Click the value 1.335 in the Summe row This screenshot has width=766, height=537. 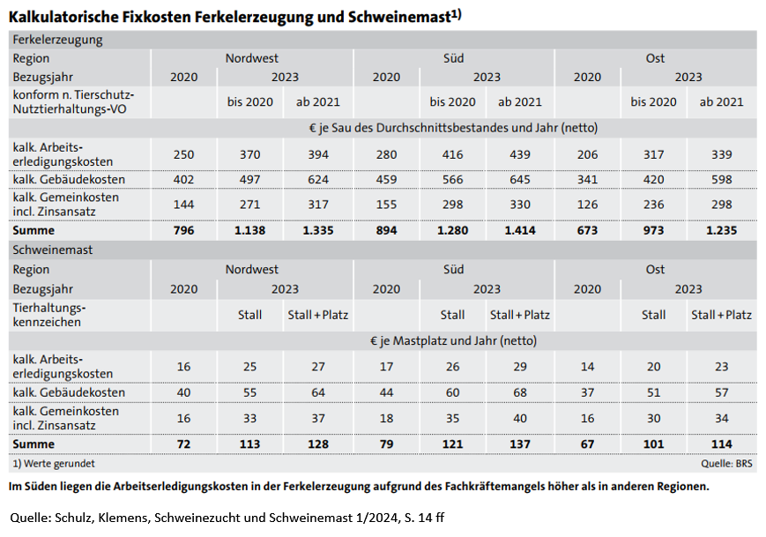(320, 231)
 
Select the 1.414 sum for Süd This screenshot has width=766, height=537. (520, 231)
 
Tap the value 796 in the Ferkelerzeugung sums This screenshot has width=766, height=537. (183, 231)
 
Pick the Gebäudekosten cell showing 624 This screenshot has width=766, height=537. (320, 180)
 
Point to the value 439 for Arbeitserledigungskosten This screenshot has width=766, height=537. (520, 155)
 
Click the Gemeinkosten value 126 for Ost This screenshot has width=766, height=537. (587, 205)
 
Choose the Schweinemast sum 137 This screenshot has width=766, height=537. (520, 444)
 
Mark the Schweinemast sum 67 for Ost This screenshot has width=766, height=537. (587, 444)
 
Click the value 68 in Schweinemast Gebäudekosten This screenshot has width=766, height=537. (520, 392)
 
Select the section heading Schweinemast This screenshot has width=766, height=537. (53, 250)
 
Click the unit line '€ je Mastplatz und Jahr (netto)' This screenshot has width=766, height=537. (453, 340)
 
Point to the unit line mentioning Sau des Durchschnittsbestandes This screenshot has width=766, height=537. (453, 128)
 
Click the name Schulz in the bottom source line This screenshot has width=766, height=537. (82, 516)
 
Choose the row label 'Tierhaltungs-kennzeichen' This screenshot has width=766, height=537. (49, 315)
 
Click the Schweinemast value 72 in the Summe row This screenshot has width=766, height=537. (183, 444)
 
